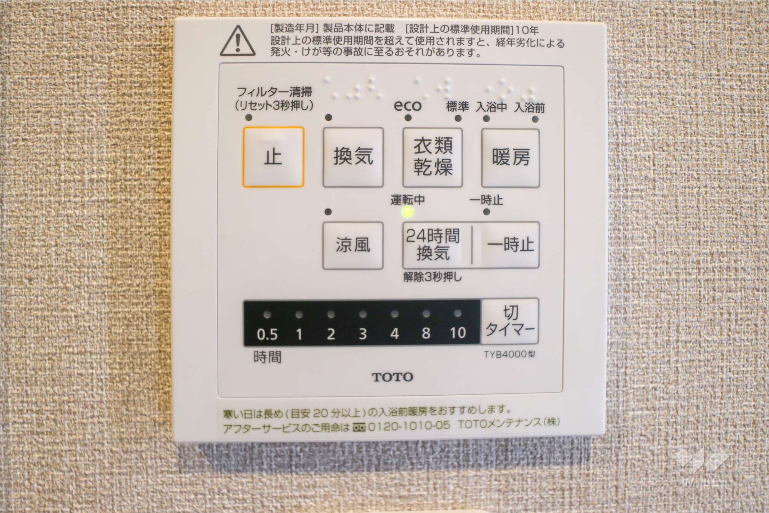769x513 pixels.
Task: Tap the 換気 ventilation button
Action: (353, 157)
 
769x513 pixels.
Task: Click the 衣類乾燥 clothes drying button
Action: (433, 157)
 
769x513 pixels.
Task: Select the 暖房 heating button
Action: (511, 158)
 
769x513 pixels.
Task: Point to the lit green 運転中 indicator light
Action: (408, 212)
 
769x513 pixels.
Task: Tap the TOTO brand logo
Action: (393, 377)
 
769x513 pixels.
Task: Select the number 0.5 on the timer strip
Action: (267, 334)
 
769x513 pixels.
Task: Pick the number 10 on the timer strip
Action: (458, 333)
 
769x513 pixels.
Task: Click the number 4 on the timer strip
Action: (394, 333)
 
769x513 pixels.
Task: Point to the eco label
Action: (408, 105)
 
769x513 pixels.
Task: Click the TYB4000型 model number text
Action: (509, 354)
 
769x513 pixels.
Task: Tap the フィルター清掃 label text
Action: (274, 92)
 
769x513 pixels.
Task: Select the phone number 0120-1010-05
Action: (409, 426)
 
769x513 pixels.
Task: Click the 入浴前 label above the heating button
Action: (529, 108)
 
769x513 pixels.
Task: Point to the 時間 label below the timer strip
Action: (267, 357)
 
